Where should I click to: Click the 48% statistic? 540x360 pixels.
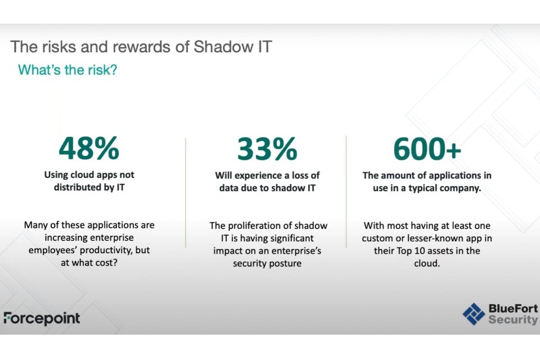(x=89, y=148)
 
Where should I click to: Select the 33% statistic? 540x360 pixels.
(x=267, y=149)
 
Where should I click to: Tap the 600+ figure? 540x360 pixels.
(x=427, y=149)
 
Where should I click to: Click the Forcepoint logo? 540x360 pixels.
(x=42, y=318)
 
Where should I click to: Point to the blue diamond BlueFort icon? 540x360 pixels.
(x=474, y=314)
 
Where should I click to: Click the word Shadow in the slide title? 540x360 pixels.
(x=223, y=47)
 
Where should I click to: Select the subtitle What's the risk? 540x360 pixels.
(x=67, y=70)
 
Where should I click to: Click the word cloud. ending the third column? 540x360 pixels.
(x=427, y=263)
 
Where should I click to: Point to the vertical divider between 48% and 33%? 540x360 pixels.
(x=186, y=192)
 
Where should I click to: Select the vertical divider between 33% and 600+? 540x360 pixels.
(x=346, y=192)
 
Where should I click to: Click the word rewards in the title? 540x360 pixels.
(x=142, y=47)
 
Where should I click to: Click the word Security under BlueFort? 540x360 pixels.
(x=513, y=319)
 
